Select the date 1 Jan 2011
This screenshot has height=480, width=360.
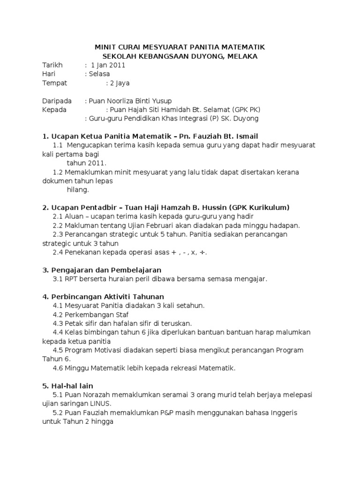pyautogui.click(x=108, y=65)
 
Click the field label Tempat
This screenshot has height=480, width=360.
pyautogui.click(x=54, y=83)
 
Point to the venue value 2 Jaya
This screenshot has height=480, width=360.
pyautogui.click(x=119, y=83)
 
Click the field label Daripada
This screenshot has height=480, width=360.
pyautogui.click(x=57, y=101)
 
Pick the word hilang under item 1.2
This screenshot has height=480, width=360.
pyautogui.click(x=77, y=190)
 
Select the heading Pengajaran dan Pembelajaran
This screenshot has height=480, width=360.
pyautogui.click(x=105, y=270)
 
